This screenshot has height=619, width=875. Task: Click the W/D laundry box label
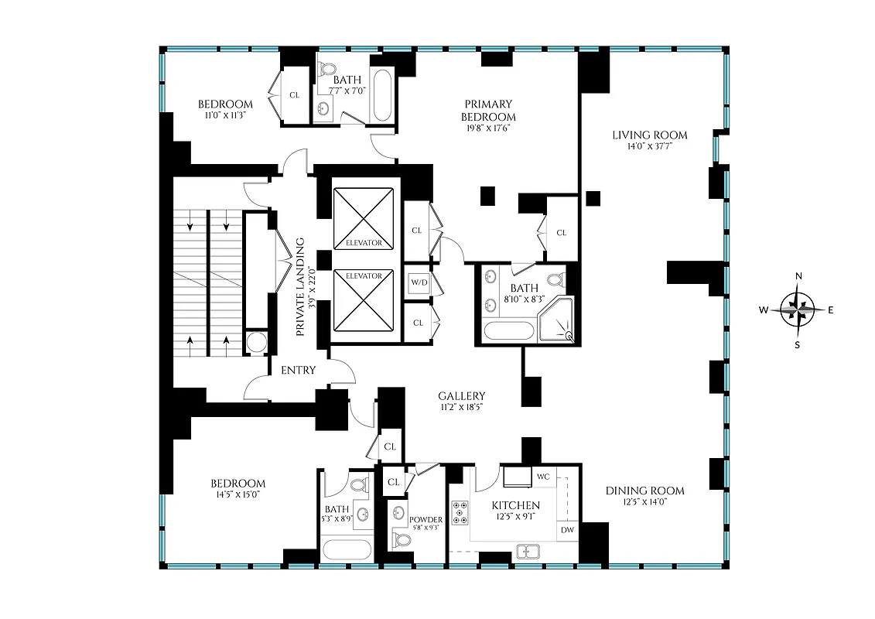[419, 282]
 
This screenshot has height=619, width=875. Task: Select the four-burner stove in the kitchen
[462, 511]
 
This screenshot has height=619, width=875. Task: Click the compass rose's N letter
[799, 276]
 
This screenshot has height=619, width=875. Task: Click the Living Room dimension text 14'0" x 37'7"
[650, 147]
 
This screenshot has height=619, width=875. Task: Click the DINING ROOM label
[644, 491]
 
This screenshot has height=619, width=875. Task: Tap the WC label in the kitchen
[543, 477]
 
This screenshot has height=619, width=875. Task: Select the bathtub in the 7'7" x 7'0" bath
[381, 96]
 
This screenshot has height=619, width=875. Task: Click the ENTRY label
[298, 371]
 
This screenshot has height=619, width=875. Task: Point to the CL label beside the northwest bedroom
[294, 95]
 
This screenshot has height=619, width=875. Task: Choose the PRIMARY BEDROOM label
[488, 110]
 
